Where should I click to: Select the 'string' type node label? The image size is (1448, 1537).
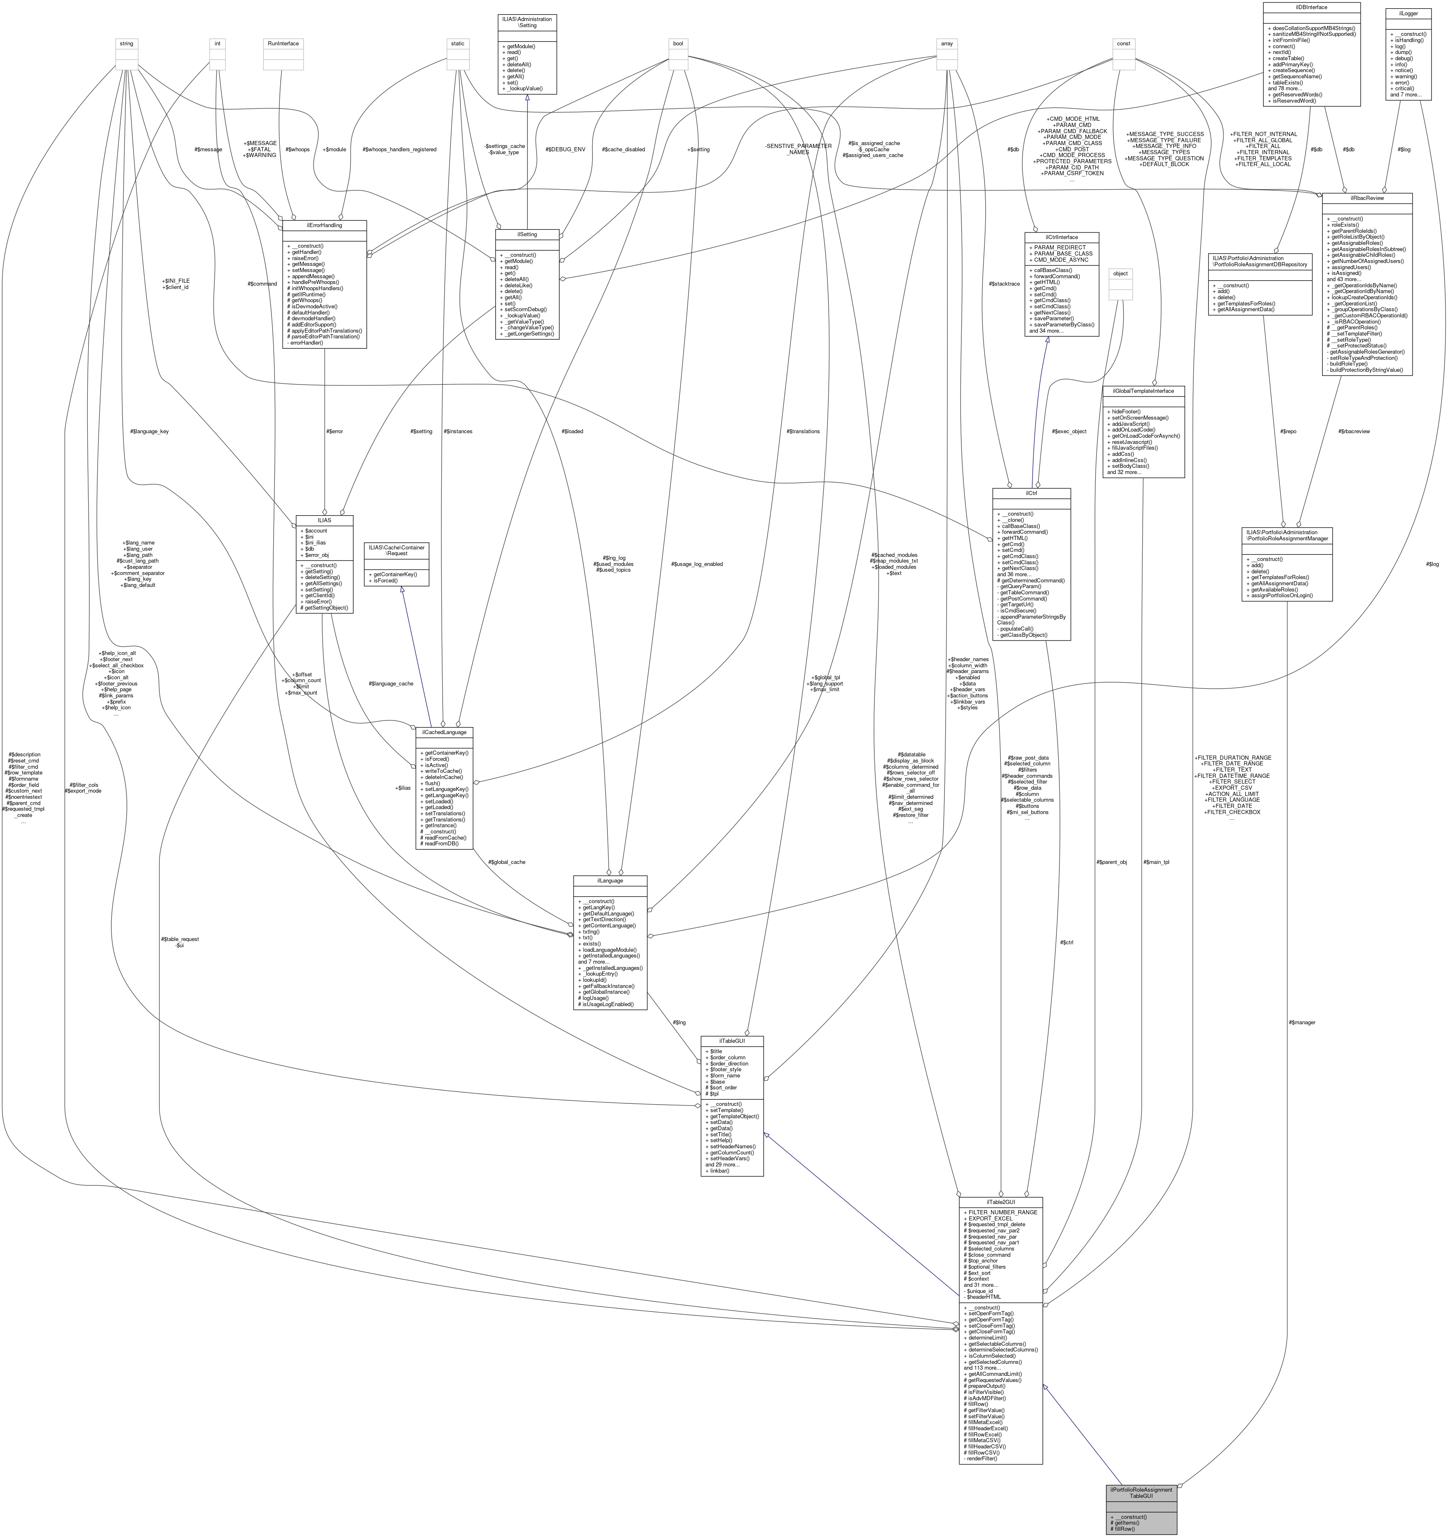(126, 43)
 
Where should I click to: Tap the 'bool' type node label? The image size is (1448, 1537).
(678, 43)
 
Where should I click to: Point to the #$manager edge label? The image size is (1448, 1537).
(1302, 1022)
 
